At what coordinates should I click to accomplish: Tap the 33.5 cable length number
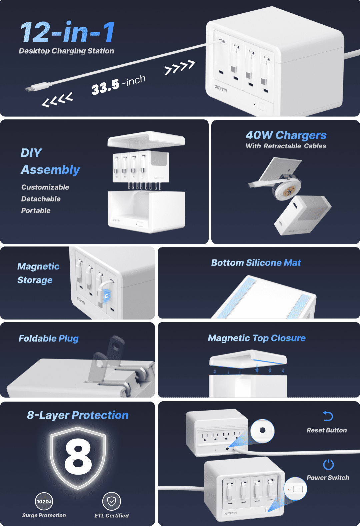click(105, 87)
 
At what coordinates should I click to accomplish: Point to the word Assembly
click(50, 170)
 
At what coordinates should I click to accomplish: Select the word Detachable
click(41, 199)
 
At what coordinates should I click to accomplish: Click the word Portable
click(36, 210)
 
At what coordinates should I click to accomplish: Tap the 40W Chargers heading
click(286, 135)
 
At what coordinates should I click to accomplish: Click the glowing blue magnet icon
click(107, 296)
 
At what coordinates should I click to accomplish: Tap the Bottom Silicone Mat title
click(256, 262)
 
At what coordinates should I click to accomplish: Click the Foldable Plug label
click(48, 339)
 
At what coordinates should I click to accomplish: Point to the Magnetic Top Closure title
click(257, 338)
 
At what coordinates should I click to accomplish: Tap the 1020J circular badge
click(44, 501)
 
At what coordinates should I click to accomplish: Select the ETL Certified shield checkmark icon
click(111, 501)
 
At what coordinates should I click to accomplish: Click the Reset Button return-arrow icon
click(328, 416)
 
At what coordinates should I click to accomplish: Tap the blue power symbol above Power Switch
click(328, 465)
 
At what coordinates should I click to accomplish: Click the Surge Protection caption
click(44, 515)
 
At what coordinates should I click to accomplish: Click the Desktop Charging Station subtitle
click(66, 51)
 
